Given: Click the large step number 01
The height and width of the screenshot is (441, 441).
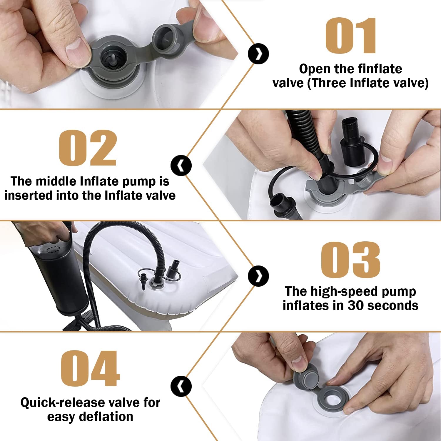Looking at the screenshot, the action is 351,36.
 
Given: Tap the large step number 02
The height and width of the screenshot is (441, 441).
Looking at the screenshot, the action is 88,148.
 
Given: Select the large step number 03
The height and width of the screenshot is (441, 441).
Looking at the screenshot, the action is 350,260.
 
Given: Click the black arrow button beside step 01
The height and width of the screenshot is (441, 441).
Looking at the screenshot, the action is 258,54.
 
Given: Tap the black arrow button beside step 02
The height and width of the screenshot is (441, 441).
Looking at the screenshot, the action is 181,166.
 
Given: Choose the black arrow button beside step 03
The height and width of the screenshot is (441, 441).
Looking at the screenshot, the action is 258,276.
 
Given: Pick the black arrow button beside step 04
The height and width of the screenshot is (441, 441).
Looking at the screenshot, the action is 181,386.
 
